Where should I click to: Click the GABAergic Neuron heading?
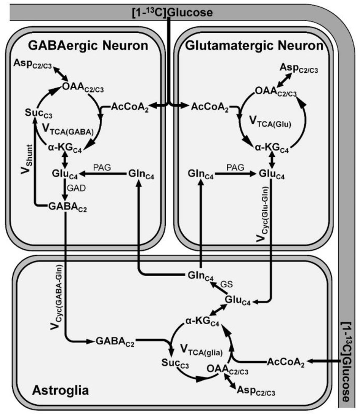(x=88, y=46)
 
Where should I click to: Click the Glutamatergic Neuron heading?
(x=254, y=46)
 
